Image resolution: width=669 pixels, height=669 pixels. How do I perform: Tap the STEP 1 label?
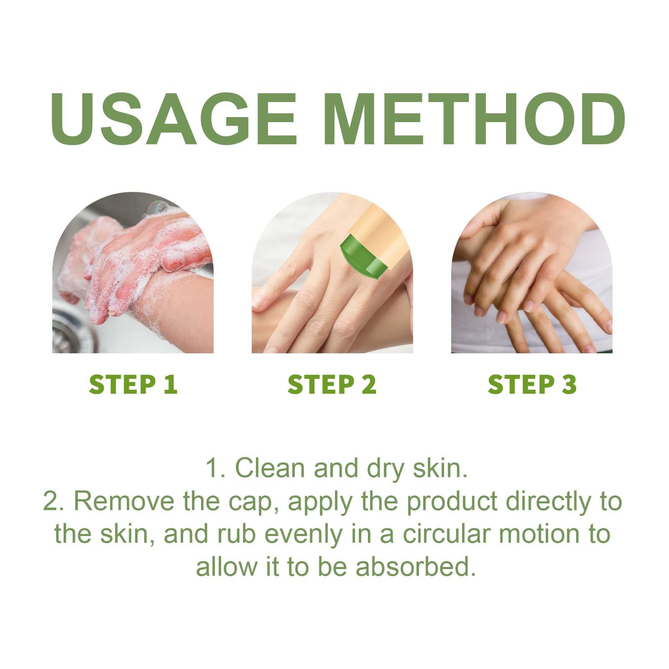click(133, 385)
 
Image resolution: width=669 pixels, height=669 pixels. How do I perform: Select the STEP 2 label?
click(332, 385)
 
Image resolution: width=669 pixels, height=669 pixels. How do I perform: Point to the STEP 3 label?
click(532, 385)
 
